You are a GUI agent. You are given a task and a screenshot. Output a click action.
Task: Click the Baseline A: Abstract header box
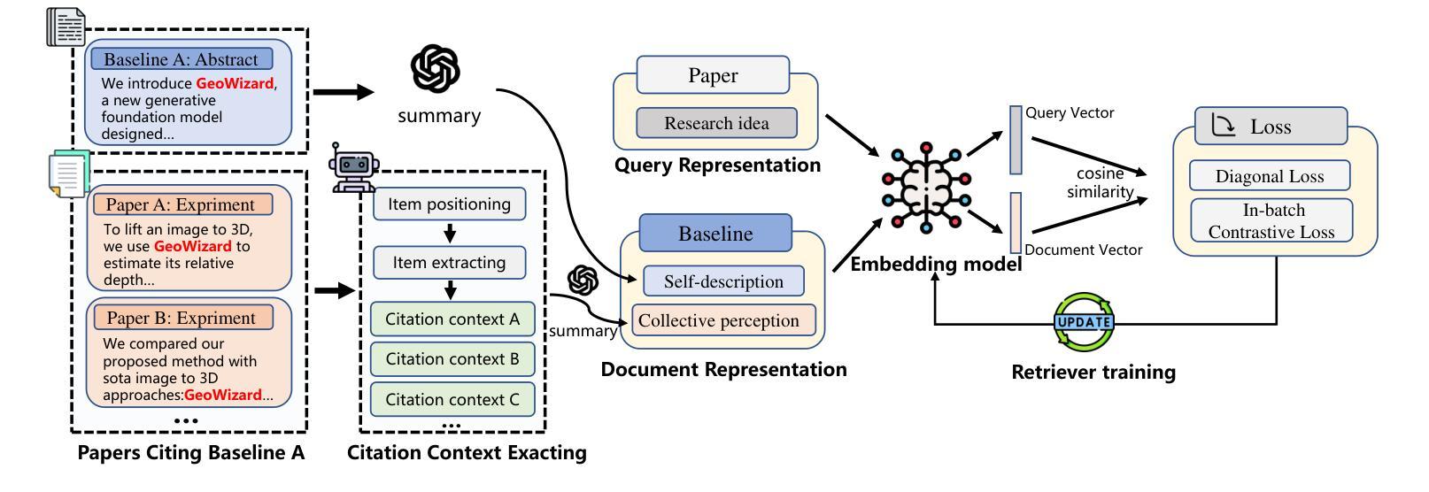[x=182, y=59]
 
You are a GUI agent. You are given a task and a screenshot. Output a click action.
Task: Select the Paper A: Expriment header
[x=182, y=204]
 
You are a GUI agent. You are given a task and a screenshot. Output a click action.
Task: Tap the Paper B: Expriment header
[x=182, y=318]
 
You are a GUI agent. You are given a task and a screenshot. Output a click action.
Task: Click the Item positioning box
[x=449, y=204]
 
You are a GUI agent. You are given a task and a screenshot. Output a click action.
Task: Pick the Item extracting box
[x=449, y=263]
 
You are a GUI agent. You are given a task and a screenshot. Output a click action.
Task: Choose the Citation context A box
[x=452, y=319]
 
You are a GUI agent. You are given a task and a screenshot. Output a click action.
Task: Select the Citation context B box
[x=452, y=359]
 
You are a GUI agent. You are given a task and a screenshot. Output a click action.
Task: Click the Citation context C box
[x=452, y=399]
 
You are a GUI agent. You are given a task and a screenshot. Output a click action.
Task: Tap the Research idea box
[x=716, y=123]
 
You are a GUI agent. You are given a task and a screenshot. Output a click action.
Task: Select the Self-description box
[x=723, y=281]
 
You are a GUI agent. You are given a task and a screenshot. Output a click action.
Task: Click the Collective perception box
[x=718, y=320]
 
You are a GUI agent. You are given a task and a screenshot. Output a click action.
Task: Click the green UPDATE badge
[x=1084, y=322]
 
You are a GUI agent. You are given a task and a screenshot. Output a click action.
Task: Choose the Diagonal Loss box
[x=1269, y=176]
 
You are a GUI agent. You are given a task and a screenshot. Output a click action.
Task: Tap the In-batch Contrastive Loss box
[x=1271, y=220]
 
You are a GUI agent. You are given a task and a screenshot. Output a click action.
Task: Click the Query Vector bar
[x=1016, y=141]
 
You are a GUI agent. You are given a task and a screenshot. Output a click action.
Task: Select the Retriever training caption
[x=1093, y=373]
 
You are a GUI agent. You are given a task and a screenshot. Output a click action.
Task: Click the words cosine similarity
[x=1101, y=183]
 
